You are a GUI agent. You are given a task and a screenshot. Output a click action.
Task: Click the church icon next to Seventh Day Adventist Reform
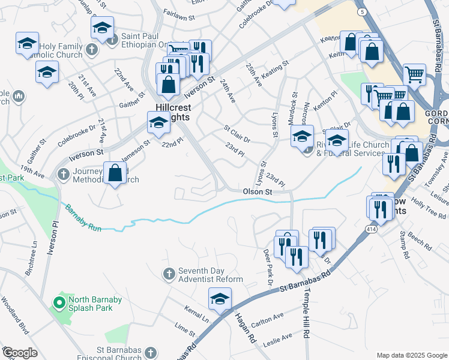click(x=169, y=274)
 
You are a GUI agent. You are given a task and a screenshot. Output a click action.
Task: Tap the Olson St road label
click(x=258, y=192)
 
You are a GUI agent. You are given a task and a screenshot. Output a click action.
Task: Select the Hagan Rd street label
click(x=245, y=329)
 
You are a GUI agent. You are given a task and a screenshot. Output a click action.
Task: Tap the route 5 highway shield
click(x=361, y=11)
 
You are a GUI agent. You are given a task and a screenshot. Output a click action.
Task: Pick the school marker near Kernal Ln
click(x=220, y=299)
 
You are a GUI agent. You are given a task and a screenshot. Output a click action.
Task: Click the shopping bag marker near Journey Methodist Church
click(x=114, y=173)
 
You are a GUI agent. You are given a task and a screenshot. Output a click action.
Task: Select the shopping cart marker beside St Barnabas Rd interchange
click(x=414, y=74)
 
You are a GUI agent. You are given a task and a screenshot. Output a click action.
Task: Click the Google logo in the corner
click(x=20, y=353)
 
